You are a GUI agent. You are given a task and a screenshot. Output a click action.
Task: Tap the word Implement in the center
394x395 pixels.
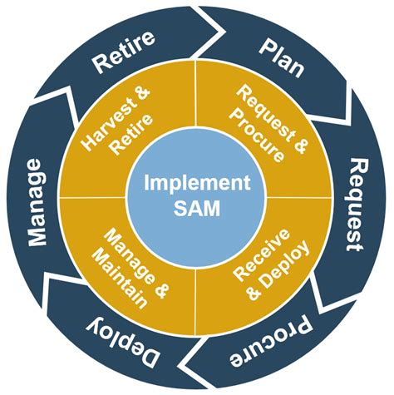(196, 183)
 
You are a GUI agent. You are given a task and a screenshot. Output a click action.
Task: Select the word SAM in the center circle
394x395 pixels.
(196, 208)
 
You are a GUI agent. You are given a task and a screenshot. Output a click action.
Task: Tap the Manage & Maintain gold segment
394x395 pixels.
(129, 266)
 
